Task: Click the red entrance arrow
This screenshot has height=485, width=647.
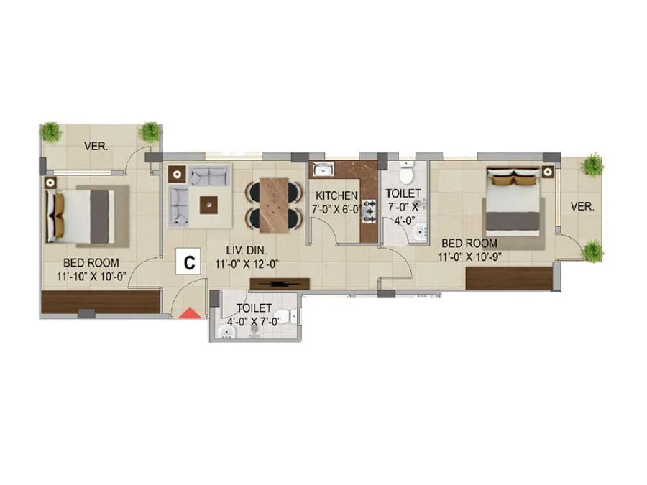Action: [x=189, y=312]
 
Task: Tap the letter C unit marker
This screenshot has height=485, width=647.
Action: [x=189, y=262]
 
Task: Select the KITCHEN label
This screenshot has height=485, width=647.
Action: [x=336, y=195]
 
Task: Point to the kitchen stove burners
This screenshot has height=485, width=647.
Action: [x=370, y=211]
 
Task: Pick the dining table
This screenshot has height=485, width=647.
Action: [x=274, y=205]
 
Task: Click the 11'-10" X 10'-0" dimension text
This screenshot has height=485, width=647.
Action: [x=91, y=276]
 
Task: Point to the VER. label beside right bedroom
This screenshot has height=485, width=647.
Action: [x=582, y=206]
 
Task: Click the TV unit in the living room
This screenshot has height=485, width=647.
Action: [x=280, y=283]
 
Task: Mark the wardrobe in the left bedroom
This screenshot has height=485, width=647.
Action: [x=100, y=302]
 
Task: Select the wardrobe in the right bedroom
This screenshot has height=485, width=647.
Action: [x=509, y=278]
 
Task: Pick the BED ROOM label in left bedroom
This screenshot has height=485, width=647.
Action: [x=91, y=262]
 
